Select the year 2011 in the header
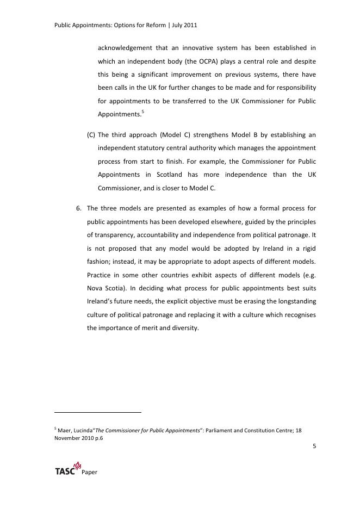(x=194, y=26)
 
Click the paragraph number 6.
(x=78, y=208)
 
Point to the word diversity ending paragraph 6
(x=185, y=327)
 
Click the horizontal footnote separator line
(x=98, y=412)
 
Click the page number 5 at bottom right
(x=314, y=446)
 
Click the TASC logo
(x=69, y=469)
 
